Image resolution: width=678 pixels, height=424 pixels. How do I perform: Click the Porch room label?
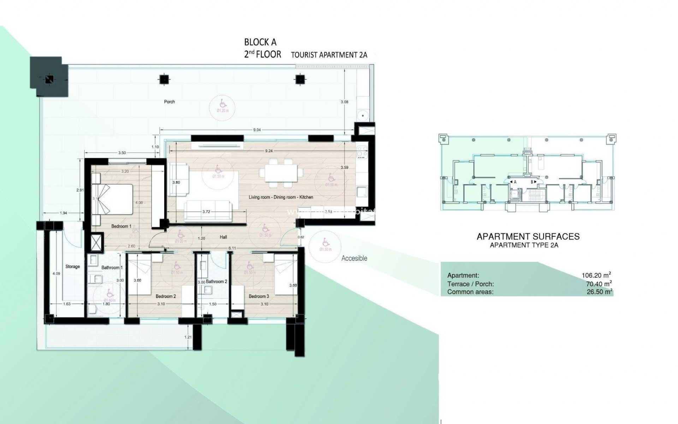tap(169, 102)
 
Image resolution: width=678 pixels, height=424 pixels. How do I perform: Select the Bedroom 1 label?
tap(121, 226)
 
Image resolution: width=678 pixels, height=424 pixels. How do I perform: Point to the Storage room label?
tap(72, 267)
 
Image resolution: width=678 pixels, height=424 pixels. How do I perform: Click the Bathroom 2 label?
tap(216, 282)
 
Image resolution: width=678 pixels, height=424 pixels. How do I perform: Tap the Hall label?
tap(223, 237)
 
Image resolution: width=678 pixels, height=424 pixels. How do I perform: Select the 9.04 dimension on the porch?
tap(257, 130)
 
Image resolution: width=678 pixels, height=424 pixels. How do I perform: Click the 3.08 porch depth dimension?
tap(344, 102)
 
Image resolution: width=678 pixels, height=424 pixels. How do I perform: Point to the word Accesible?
tap(354, 258)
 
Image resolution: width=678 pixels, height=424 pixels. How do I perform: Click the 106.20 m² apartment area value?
tap(596, 275)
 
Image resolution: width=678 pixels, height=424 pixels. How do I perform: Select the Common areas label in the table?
tap(470, 292)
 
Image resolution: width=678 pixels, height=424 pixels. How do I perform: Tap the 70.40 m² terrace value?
tap(599, 284)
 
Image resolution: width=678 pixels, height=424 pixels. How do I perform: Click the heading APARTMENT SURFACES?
tap(528, 236)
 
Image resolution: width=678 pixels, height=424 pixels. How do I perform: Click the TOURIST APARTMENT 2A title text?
tap(329, 55)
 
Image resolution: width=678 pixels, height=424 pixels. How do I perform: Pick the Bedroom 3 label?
tap(258, 296)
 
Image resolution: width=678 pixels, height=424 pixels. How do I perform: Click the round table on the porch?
tap(363, 116)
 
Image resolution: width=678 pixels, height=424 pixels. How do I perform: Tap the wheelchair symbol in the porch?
tap(223, 104)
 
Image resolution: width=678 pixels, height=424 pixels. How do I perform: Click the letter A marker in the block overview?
tap(515, 182)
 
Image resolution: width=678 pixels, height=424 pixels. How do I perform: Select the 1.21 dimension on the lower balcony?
tap(188, 337)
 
